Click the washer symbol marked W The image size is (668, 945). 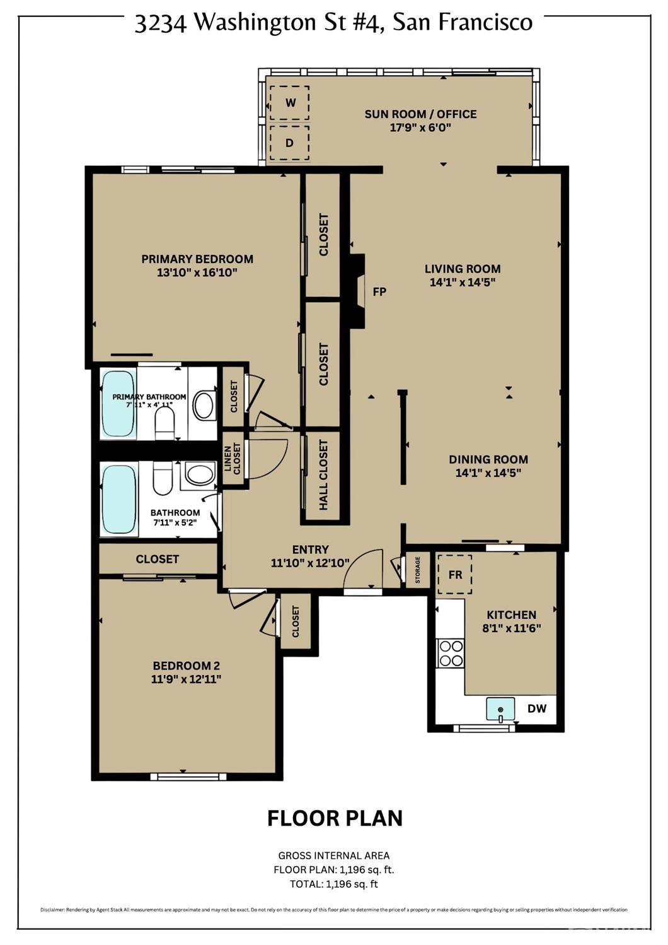pyautogui.click(x=290, y=103)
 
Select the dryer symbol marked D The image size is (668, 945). pyautogui.click(x=289, y=143)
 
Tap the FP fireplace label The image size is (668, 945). pyautogui.click(x=379, y=291)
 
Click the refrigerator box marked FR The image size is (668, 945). pyautogui.click(x=455, y=575)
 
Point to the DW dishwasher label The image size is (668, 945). pyautogui.click(x=537, y=708)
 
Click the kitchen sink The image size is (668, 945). pyautogui.click(x=500, y=709)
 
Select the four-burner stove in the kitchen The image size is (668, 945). pyautogui.click(x=451, y=653)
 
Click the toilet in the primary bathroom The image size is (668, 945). pyautogui.click(x=165, y=423)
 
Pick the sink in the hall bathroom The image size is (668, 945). pyautogui.click(x=200, y=474)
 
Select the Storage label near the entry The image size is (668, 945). pyautogui.click(x=417, y=570)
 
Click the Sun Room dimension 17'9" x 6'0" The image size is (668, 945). pyautogui.click(x=420, y=127)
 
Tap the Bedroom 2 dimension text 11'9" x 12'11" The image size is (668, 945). pyautogui.click(x=186, y=679)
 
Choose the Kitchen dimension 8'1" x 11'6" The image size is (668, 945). pyautogui.click(x=511, y=628)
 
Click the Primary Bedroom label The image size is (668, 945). pyautogui.click(x=197, y=259)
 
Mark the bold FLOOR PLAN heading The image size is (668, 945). pyautogui.click(x=335, y=818)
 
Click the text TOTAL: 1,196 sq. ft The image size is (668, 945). pyautogui.click(x=334, y=884)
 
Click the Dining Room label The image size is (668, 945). pyautogui.click(x=488, y=459)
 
